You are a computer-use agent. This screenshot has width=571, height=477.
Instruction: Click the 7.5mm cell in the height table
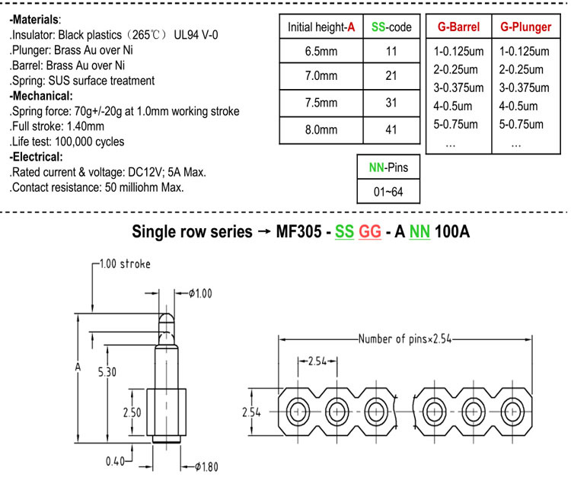(x=321, y=103)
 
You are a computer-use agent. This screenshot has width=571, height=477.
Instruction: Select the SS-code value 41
(x=391, y=130)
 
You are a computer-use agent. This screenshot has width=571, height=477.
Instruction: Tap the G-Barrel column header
(x=459, y=27)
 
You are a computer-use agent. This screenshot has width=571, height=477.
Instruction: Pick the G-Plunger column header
(x=526, y=27)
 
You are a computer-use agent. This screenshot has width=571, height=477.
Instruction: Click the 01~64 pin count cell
(x=388, y=192)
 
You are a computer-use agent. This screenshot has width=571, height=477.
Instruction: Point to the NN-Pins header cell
(x=388, y=167)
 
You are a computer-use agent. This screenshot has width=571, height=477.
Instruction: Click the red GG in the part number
(x=370, y=232)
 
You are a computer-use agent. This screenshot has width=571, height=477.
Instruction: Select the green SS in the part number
(x=344, y=232)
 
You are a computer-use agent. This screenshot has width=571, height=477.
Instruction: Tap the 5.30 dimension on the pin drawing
(x=107, y=372)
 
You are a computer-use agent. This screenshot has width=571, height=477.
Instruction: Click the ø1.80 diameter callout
(x=206, y=467)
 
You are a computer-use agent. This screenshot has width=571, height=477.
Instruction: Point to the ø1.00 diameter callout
(x=200, y=293)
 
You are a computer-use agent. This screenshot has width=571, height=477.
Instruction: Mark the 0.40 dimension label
(x=115, y=461)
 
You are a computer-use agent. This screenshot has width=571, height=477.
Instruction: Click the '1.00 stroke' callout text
(x=125, y=264)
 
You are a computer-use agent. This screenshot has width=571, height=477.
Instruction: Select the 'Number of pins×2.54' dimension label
(x=405, y=339)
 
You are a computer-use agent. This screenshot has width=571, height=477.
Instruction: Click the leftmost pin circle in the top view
(x=298, y=412)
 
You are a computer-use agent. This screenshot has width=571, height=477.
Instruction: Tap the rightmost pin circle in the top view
(x=512, y=412)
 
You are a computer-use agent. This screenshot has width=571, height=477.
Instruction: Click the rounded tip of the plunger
(x=167, y=318)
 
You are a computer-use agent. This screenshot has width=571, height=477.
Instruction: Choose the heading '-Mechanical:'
(x=41, y=96)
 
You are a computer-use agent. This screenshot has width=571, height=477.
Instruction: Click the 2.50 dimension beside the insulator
(x=132, y=412)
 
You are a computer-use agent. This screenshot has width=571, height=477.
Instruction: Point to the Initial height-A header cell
(x=321, y=27)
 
